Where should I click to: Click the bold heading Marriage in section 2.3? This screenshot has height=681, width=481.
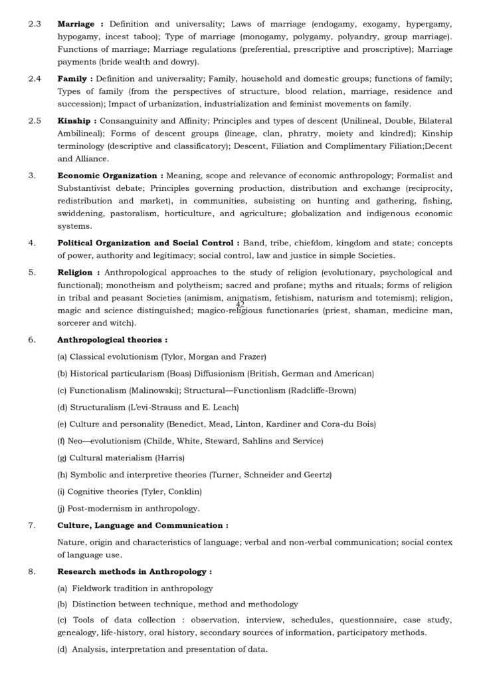point(78,23)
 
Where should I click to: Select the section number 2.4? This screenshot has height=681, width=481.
point(35,79)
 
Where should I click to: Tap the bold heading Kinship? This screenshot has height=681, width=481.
point(75,120)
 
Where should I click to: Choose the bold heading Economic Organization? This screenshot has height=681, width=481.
point(108,175)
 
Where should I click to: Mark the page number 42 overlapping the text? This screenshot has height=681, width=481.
point(241,304)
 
